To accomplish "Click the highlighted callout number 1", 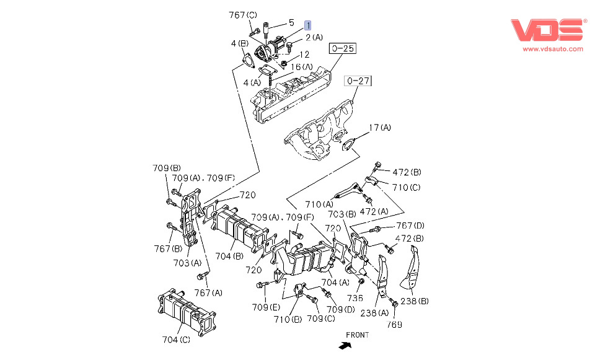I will (x=307, y=25).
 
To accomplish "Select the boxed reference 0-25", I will (x=343, y=48).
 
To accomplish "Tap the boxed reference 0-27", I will (x=358, y=81).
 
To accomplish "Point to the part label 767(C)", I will (x=242, y=15).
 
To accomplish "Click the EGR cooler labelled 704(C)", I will (x=185, y=310).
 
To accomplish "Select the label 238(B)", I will (x=415, y=301).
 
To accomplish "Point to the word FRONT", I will (x=358, y=335).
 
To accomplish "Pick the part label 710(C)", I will (x=406, y=187).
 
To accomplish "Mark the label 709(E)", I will (x=266, y=307).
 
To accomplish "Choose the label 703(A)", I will (x=186, y=263).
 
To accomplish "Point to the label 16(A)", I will (x=302, y=67).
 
